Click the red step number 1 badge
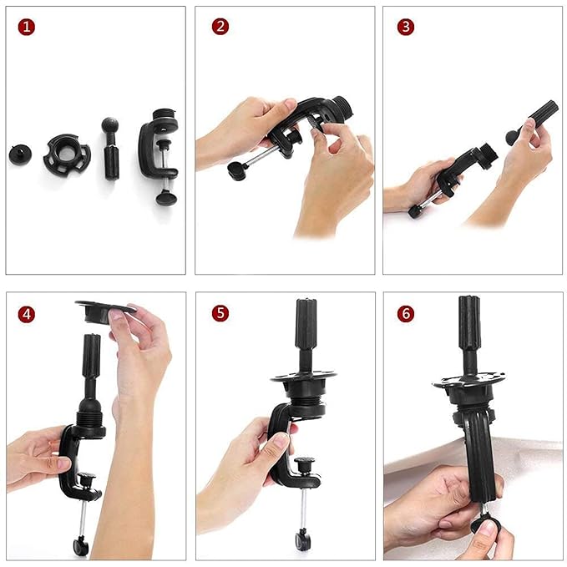point(28,27)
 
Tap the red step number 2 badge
point(220,27)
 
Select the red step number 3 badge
point(406,27)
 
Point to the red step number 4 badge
point(28,315)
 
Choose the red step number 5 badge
point(220,314)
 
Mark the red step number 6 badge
point(406,315)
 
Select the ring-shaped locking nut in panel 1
point(67,154)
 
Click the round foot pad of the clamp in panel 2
point(236,170)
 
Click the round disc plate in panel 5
point(304,377)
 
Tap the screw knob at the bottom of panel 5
point(301,539)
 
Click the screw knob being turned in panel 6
point(484,525)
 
